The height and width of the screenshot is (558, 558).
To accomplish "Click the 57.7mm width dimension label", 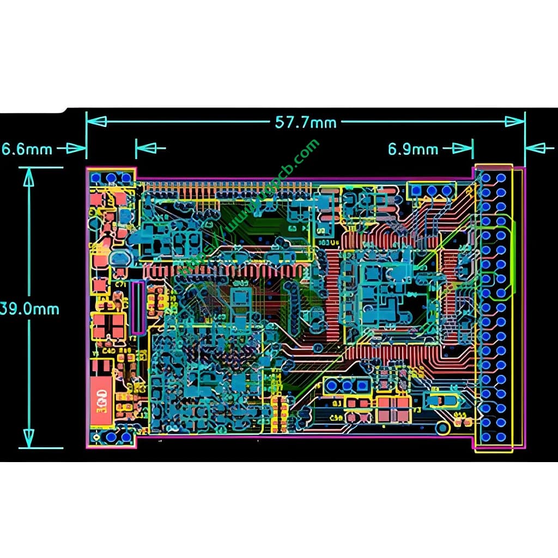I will [306, 122].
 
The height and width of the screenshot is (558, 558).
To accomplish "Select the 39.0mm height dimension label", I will [30, 309].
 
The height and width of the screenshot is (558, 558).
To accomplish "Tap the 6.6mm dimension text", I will [27, 148].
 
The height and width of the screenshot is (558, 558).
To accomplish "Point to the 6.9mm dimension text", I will [413, 148].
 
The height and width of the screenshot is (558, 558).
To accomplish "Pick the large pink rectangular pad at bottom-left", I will [100, 402].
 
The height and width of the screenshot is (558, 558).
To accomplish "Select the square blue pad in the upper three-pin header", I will [416, 190].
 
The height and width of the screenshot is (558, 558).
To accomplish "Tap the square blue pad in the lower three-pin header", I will [331, 386].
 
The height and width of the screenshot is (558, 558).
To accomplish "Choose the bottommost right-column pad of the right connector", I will [501, 436].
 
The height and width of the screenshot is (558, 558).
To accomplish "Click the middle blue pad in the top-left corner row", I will [112, 178].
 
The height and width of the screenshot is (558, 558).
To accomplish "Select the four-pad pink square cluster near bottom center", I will [393, 409].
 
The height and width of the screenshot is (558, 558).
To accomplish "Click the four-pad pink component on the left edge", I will [107, 326].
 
